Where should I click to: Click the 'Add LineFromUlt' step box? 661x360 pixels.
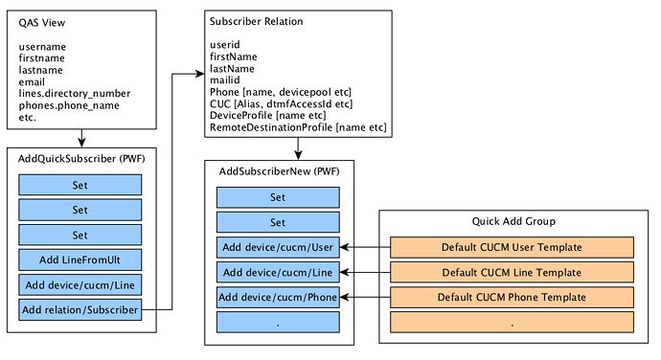[80, 259]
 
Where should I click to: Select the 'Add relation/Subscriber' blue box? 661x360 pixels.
[80, 310]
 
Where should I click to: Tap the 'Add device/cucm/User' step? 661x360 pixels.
[278, 247]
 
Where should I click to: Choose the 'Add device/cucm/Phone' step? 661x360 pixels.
[278, 297]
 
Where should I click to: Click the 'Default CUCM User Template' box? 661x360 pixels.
[512, 247]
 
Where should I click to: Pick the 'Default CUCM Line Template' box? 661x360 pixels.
[512, 272]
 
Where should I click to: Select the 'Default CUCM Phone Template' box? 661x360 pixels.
[512, 297]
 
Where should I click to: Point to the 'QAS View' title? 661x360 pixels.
[42, 23]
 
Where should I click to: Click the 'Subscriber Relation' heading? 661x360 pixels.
[257, 21]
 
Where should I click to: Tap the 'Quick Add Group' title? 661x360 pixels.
[513, 221]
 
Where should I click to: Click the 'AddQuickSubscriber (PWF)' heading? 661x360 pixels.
[81, 159]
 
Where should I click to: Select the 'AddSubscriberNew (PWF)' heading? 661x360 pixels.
[279, 171]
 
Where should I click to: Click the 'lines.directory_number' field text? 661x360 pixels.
[74, 94]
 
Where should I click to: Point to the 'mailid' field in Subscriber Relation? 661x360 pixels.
[225, 80]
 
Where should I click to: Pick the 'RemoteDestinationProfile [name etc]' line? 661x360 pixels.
[298, 127]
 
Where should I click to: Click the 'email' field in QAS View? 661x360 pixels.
[32, 81]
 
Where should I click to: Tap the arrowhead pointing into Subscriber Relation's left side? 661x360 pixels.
[200, 74]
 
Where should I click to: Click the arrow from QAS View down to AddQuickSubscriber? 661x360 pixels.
[81, 138]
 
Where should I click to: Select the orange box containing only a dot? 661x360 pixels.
[512, 323]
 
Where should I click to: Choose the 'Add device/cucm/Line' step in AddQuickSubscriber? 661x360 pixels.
[80, 285]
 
